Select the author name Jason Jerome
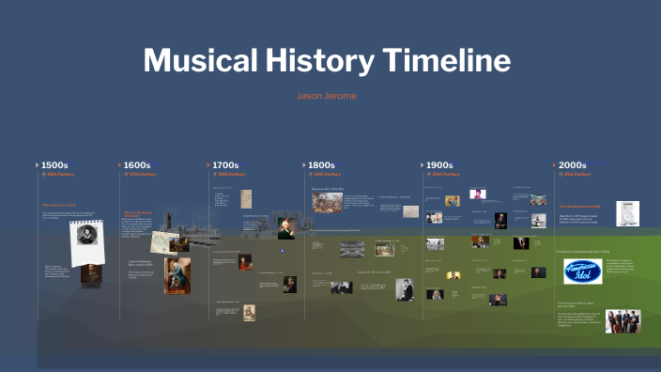(327, 96)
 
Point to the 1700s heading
(225, 165)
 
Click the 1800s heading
(322, 165)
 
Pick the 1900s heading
(439, 165)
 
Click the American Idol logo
(582, 271)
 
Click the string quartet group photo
(623, 320)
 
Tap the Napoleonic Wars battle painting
(327, 202)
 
